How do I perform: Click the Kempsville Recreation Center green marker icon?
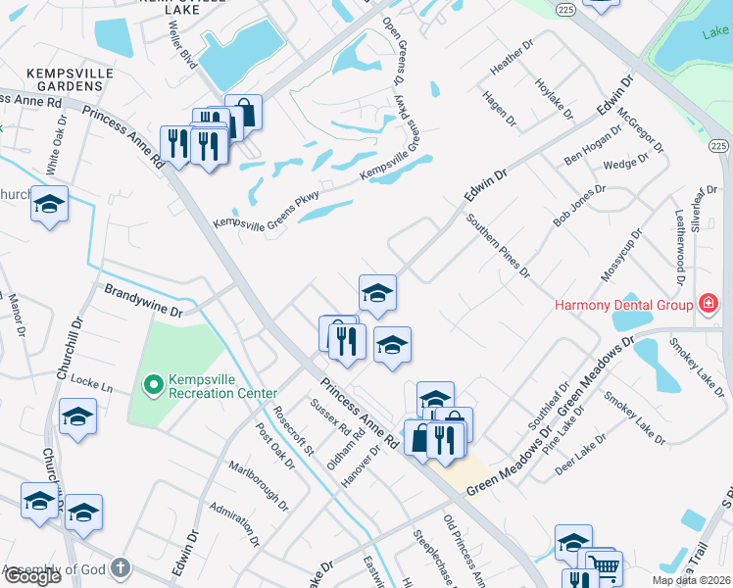tap(153, 385)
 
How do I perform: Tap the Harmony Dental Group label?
tap(624, 305)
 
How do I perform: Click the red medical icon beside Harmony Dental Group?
tap(706, 305)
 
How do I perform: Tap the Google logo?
tap(31, 576)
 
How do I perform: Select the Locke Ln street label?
tap(93, 388)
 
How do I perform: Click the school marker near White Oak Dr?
tap(49, 205)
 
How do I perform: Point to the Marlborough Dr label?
tap(259, 487)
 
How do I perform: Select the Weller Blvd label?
tap(183, 44)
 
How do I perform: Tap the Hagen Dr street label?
tap(499, 109)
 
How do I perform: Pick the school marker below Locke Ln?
tap(77, 417)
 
